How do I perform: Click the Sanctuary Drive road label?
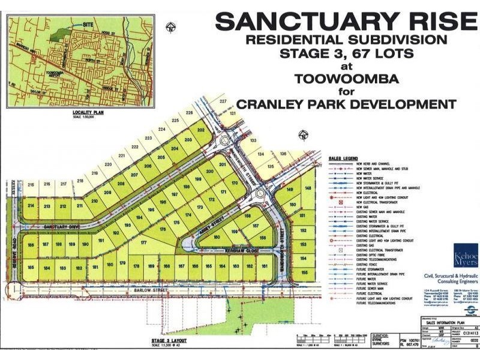tap(62, 227)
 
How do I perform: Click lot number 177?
tap(143, 243)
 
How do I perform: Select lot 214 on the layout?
tap(31, 206)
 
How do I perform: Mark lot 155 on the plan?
tap(304, 272)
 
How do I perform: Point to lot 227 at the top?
tap(223, 102)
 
